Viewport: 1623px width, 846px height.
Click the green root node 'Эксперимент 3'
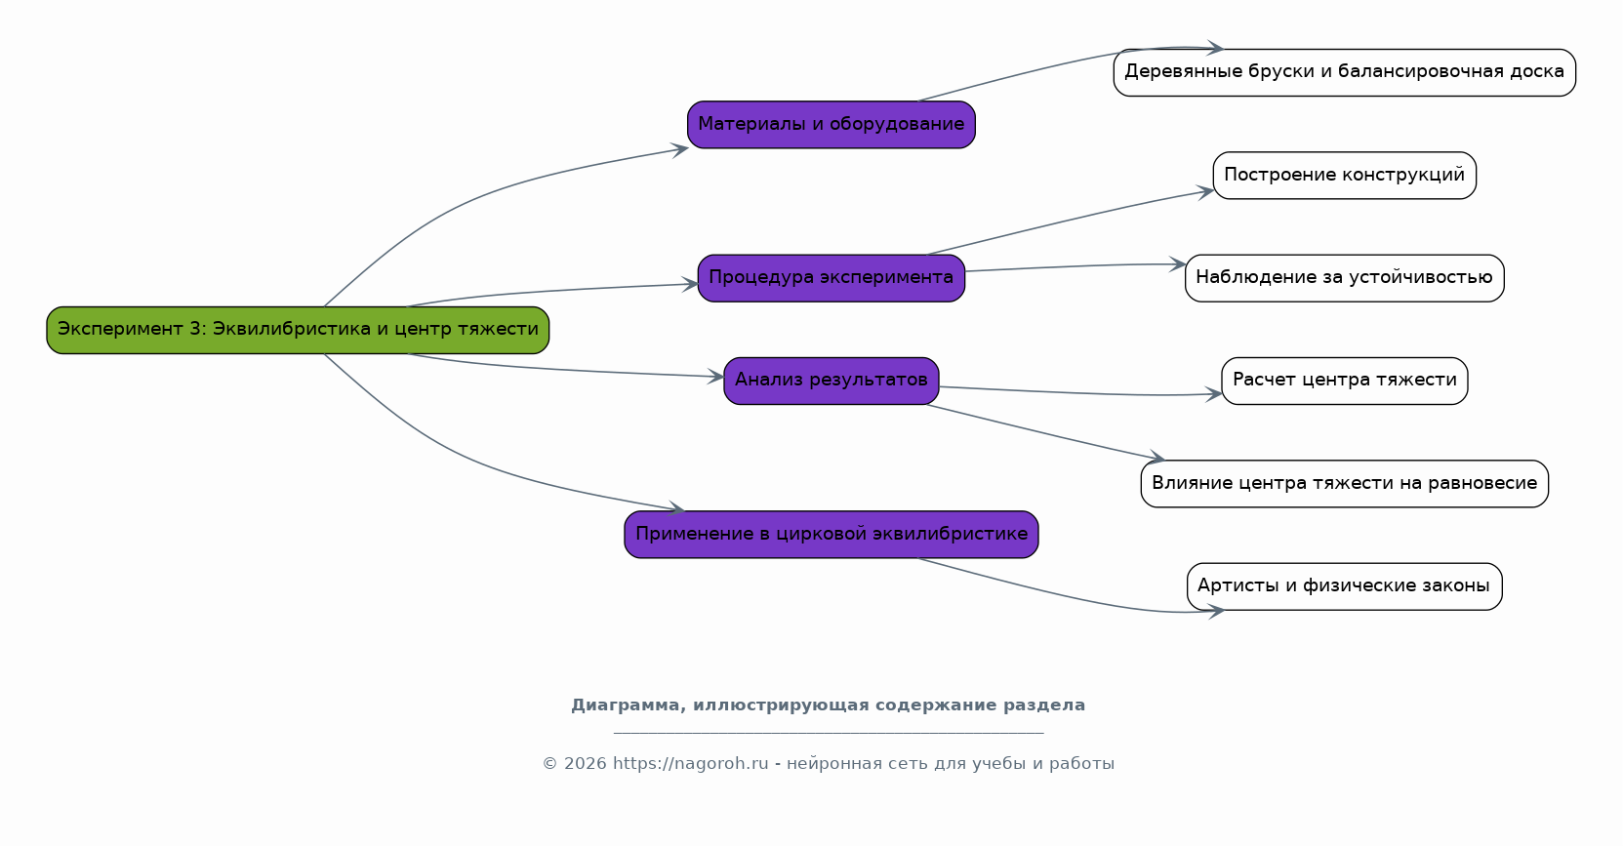point(298,330)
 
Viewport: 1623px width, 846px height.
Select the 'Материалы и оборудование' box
point(831,125)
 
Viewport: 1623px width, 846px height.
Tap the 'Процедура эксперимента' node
point(831,278)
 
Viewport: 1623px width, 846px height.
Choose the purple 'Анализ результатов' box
point(831,381)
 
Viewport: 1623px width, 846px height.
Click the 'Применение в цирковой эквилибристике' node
point(831,535)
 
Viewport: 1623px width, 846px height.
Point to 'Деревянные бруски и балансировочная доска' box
point(1344,72)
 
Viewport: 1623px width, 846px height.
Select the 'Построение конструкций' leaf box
point(1344,176)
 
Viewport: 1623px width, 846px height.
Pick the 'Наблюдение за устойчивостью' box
point(1344,278)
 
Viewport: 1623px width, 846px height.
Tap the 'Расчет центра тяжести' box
point(1344,381)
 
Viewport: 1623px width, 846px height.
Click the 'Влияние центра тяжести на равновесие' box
point(1344,483)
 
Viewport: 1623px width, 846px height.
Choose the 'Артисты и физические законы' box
point(1344,586)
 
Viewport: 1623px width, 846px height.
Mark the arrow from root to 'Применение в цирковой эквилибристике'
point(468,461)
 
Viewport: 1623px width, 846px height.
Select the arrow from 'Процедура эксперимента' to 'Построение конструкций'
point(1074,220)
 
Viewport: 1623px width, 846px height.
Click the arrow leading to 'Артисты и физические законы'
point(1074,596)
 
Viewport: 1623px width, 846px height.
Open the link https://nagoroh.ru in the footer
point(690,764)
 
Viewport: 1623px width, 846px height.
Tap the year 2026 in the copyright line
point(585,764)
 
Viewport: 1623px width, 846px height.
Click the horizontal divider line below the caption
point(829,732)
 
